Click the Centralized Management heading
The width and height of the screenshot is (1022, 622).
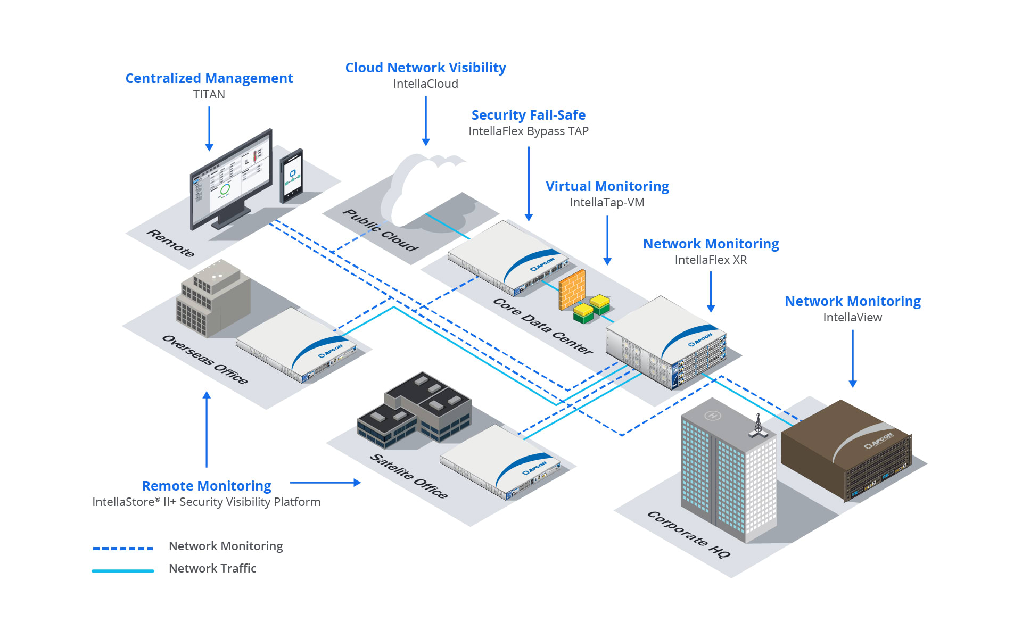pyautogui.click(x=209, y=78)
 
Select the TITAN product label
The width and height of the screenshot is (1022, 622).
pyautogui.click(x=209, y=94)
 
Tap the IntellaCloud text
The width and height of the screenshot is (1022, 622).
pyautogui.click(x=425, y=84)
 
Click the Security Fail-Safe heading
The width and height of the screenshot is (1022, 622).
pyautogui.click(x=528, y=115)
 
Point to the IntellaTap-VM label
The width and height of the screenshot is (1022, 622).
pyautogui.click(x=607, y=202)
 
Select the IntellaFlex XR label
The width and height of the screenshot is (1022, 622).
pyautogui.click(x=711, y=260)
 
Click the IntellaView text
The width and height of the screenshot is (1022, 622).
pyautogui.click(x=852, y=317)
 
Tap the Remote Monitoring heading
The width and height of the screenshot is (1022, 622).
pyautogui.click(x=207, y=486)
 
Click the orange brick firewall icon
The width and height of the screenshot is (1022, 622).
pyautogui.click(x=572, y=290)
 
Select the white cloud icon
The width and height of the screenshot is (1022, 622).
pyautogui.click(x=421, y=186)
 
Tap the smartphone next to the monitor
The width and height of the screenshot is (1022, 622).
pyautogui.click(x=292, y=176)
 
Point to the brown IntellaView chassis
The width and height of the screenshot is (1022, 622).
pyautogui.click(x=846, y=450)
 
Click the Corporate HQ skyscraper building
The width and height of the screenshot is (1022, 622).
pyautogui.click(x=727, y=474)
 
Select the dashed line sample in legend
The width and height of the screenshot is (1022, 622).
pyautogui.click(x=123, y=548)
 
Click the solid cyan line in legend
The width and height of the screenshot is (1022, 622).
pyautogui.click(x=123, y=571)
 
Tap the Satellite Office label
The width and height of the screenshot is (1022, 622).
pyautogui.click(x=408, y=476)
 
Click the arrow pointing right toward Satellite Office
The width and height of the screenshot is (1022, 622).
pyautogui.click(x=325, y=483)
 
